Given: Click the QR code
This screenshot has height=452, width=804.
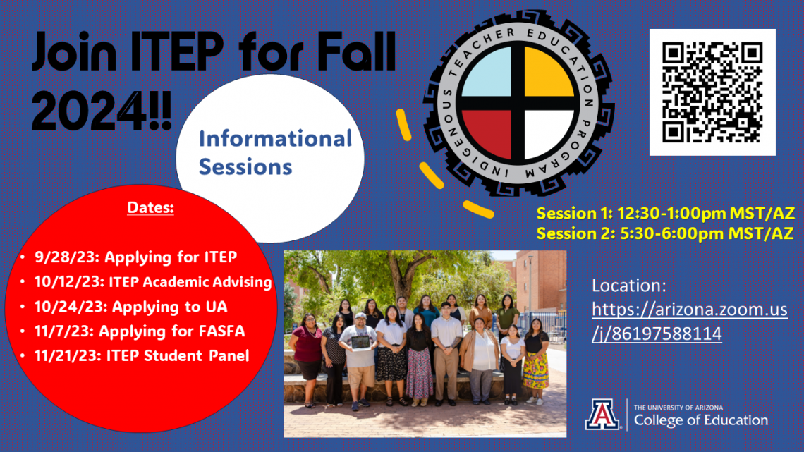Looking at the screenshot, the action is click(x=712, y=92).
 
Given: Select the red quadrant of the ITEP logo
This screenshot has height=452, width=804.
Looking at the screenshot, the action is click(x=487, y=134).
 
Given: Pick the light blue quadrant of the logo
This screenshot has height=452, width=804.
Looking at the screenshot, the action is click(x=487, y=72).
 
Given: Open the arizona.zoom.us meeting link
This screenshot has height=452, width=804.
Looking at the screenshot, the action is click(x=689, y=322).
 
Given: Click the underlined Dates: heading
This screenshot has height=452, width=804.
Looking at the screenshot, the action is click(x=150, y=207).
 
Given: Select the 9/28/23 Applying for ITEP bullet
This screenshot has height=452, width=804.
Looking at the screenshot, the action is click(x=135, y=257).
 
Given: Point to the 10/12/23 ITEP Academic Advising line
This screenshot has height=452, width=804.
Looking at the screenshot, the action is click(x=153, y=282).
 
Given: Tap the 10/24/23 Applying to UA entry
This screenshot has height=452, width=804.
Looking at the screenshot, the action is click(x=130, y=307).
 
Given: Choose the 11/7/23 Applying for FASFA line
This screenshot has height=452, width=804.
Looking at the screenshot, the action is click(x=140, y=331).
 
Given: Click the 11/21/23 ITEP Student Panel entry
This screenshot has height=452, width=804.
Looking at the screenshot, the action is click(x=142, y=355).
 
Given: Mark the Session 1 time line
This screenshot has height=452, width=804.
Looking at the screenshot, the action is click(x=666, y=213).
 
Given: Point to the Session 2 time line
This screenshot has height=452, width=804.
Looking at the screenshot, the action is click(x=665, y=233).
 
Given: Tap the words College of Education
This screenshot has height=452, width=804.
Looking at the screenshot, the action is click(x=701, y=420).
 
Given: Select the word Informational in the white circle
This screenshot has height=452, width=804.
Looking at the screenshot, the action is click(x=275, y=138).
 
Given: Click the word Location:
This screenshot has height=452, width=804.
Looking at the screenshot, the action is click(x=628, y=286).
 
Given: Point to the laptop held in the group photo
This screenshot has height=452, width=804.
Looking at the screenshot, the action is click(x=360, y=342).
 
